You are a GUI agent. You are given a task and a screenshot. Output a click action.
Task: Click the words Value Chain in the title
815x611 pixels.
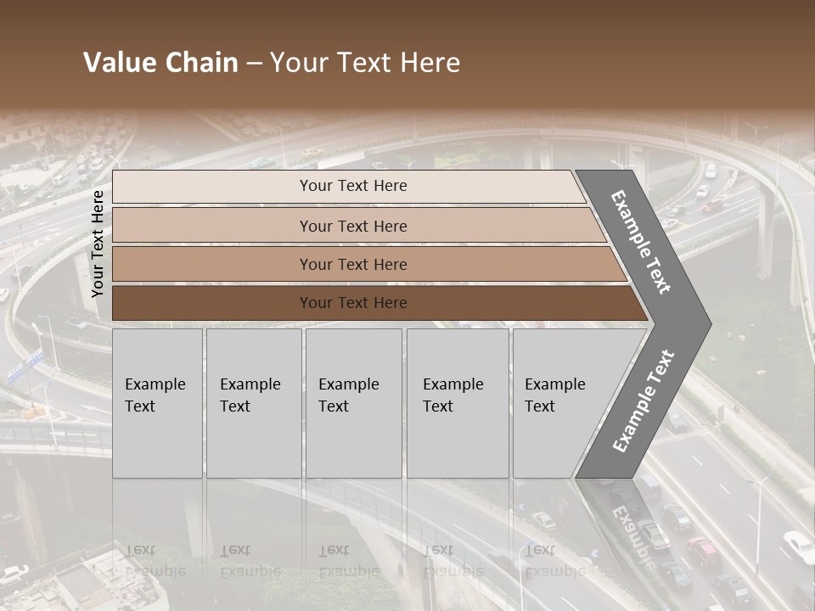pyautogui.click(x=160, y=63)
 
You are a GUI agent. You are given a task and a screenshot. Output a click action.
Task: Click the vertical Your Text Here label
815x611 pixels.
pyautogui.click(x=98, y=244)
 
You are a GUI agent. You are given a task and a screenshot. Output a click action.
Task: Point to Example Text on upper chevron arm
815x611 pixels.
pyautogui.click(x=641, y=242)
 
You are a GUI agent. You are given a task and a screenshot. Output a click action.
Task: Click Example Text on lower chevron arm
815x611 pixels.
pyautogui.click(x=644, y=401)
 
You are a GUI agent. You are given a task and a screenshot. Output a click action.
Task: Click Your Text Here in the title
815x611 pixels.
pyautogui.click(x=365, y=63)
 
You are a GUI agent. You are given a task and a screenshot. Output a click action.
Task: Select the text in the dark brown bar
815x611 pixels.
pyautogui.click(x=353, y=303)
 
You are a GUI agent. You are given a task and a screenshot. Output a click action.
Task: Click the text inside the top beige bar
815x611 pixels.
pyautogui.click(x=353, y=186)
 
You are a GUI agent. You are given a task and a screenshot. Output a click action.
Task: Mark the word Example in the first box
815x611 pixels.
pyautogui.click(x=155, y=384)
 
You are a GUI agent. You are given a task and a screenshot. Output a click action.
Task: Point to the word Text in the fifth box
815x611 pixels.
pyautogui.click(x=540, y=406)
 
